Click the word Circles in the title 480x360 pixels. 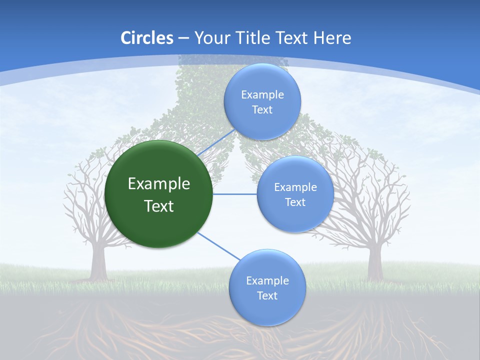pyautogui.click(x=147, y=38)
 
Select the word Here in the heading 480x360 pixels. pyautogui.click(x=332, y=38)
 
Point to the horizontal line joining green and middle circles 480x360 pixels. pyautogui.click(x=235, y=194)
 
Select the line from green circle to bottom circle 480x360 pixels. pyautogui.click(x=219, y=246)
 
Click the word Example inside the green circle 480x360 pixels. pyautogui.click(x=159, y=184)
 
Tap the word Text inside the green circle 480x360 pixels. pyautogui.click(x=159, y=206)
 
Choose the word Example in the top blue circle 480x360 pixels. pyautogui.click(x=262, y=95)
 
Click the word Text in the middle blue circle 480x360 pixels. pyautogui.click(x=295, y=202)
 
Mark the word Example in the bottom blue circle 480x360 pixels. pyautogui.click(x=267, y=281)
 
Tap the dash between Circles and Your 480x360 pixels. pyautogui.click(x=183, y=38)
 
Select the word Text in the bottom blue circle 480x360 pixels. pyautogui.click(x=267, y=296)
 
